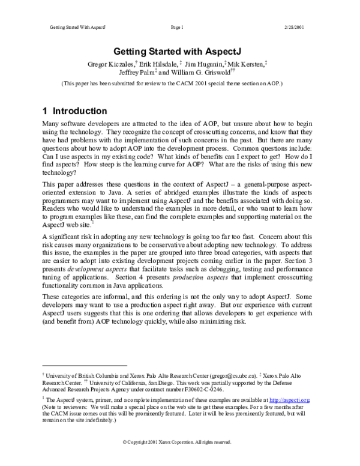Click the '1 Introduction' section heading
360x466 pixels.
[x=75, y=111]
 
